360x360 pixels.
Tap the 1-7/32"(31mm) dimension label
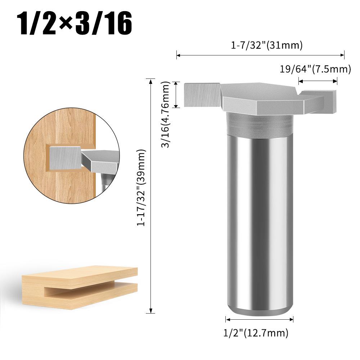tap(267, 46)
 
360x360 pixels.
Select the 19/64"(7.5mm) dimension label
tap(315, 69)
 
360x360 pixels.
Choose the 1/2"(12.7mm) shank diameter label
tap(257, 333)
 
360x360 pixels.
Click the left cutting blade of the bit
tap(202, 95)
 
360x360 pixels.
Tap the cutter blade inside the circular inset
tap(65, 157)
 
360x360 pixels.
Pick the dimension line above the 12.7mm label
tap(259, 319)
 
